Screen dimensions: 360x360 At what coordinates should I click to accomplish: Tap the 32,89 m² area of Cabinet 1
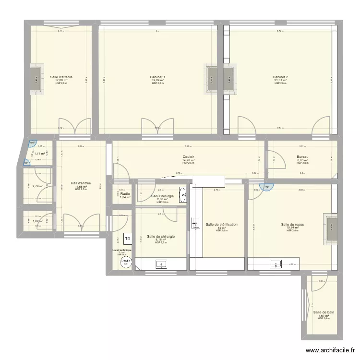158,80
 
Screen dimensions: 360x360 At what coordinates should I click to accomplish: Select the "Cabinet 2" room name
280,77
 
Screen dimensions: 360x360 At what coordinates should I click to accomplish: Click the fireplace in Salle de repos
332,227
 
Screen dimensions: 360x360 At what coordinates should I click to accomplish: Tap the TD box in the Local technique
128,239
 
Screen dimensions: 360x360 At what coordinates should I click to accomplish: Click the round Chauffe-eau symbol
125,262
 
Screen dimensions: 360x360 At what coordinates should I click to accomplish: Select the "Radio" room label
125,194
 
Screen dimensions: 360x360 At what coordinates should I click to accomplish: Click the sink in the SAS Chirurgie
183,194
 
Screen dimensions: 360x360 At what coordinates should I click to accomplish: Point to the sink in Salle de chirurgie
160,264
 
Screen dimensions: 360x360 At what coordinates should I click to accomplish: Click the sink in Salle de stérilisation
195,224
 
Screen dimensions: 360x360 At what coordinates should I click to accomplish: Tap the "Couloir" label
188,157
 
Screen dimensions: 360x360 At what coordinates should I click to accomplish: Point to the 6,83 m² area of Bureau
302,160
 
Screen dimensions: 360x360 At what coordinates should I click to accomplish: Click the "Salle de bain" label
324,312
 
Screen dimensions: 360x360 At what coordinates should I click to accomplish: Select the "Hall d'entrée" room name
81,183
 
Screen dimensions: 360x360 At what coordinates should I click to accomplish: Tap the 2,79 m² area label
38,186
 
